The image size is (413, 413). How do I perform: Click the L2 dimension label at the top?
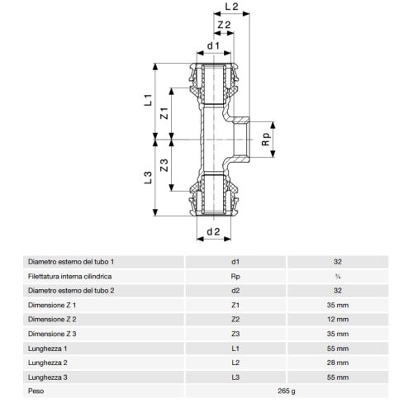(231, 7)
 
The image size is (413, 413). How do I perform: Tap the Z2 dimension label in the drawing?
(224, 25)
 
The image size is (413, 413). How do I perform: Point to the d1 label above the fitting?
(213, 45)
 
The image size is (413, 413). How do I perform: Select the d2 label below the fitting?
(213, 232)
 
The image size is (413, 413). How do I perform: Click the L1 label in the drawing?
(148, 100)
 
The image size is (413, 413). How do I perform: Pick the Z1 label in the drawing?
(164, 113)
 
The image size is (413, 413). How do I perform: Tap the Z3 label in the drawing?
(164, 165)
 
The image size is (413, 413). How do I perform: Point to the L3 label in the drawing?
(148, 178)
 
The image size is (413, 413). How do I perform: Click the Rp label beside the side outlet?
(266, 140)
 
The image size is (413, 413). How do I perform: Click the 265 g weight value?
(287, 391)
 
